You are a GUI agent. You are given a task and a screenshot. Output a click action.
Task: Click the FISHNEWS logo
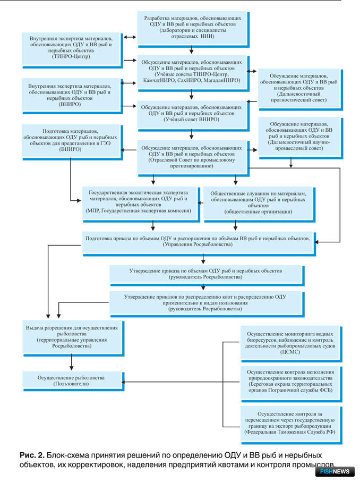click(335, 471)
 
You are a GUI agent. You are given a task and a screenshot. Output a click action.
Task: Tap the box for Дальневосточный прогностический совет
click(300, 90)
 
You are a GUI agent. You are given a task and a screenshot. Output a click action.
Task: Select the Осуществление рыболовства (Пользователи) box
click(73, 381)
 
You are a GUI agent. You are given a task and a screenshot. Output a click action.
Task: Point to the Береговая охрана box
click(291, 384)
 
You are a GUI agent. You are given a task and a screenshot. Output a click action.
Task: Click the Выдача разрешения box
click(73, 339)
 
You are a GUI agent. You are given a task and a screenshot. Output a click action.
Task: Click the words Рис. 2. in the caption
click(32, 455)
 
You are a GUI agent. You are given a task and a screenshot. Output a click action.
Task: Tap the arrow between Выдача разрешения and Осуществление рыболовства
click(72, 362)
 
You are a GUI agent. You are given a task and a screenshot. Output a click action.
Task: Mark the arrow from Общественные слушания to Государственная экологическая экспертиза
click(200, 203)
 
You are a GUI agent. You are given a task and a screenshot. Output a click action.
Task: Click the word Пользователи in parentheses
click(71, 384)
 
